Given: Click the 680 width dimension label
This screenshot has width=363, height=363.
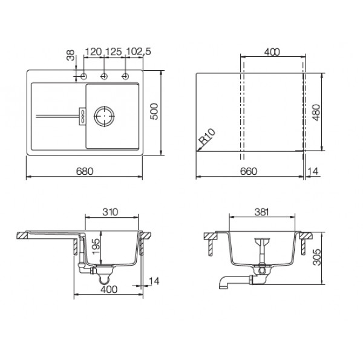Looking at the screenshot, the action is [x=85, y=171].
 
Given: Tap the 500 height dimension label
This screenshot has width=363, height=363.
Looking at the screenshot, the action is [x=154, y=111].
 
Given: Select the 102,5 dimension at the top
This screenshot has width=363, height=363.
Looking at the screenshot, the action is [x=139, y=51].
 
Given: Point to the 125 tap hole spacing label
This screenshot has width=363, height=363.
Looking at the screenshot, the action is [x=114, y=51].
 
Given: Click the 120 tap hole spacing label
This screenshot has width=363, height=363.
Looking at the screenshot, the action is [x=94, y=51].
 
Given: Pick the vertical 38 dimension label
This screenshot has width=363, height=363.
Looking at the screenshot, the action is [x=71, y=55].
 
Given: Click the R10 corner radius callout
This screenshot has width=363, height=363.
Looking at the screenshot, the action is [x=208, y=137].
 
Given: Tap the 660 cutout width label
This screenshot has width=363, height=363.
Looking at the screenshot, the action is [x=249, y=171].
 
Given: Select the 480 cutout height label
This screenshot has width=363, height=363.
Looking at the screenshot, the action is [x=316, y=113].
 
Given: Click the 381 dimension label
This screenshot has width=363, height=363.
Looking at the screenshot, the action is [x=261, y=212].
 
